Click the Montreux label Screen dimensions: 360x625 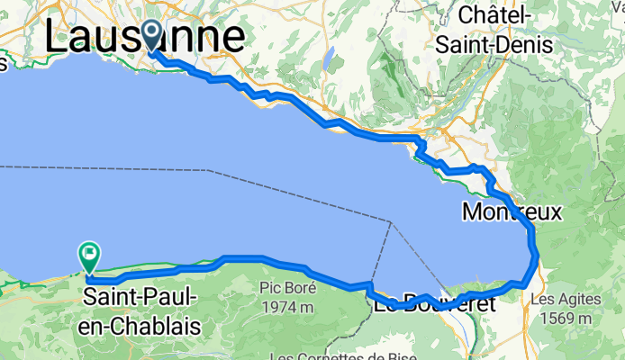pos(511,212)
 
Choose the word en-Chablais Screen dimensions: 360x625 pos(141,324)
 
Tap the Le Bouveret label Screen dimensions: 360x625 pos(434,304)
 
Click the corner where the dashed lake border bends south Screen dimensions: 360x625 pos(393,220)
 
